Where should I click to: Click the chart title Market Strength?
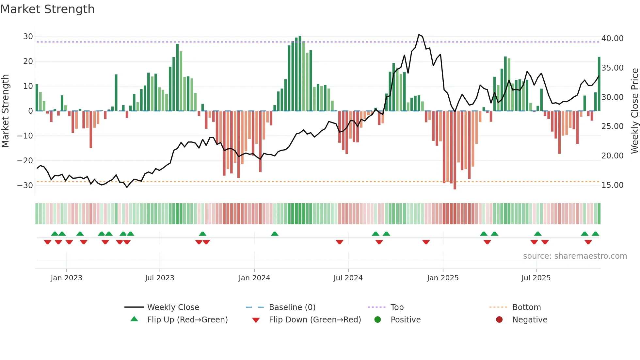pyautogui.click(x=47, y=9)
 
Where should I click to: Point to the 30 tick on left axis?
pyautogui.click(x=28, y=37)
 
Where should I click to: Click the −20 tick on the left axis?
pyautogui.click(x=25, y=160)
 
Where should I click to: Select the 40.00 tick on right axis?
pyautogui.click(x=612, y=39)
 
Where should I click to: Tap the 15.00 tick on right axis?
pyautogui.click(x=612, y=185)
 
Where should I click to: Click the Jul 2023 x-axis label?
pyautogui.click(x=160, y=278)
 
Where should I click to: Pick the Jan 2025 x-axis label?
pyautogui.click(x=442, y=278)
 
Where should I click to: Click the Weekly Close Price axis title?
pyautogui.click(x=634, y=111)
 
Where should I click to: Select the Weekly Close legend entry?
pyautogui.click(x=173, y=307)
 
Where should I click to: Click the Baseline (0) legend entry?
pyautogui.click(x=292, y=307)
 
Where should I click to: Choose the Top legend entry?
pyautogui.click(x=397, y=307)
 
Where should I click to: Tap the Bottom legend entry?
pyautogui.click(x=526, y=307)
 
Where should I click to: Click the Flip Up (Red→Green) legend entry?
pyautogui.click(x=187, y=320)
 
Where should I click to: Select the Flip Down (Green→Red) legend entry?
pyautogui.click(x=315, y=320)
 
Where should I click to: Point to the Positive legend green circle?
pyautogui.click(x=378, y=319)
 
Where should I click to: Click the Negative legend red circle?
pyautogui.click(x=499, y=319)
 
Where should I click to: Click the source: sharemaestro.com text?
pyautogui.click(x=575, y=256)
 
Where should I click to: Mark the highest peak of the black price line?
pyautogui.click(x=419, y=35)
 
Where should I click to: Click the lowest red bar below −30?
pyautogui.click(x=455, y=188)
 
